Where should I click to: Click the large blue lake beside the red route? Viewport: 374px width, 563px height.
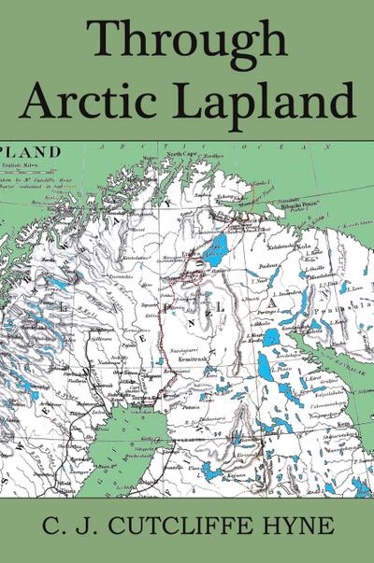[x=220, y=247]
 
